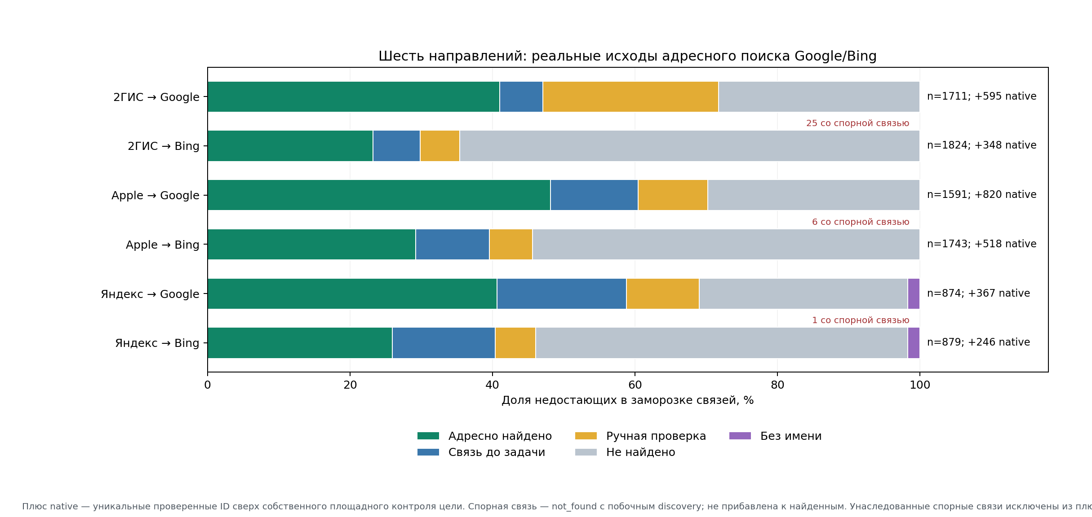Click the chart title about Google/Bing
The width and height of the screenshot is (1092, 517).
[627, 56]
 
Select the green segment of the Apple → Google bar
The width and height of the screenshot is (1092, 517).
[379, 195]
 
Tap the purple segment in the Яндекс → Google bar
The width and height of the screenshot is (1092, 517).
[914, 294]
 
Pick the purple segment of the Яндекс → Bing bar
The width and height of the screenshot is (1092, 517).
[914, 343]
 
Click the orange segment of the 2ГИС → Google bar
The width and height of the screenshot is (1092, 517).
[630, 96]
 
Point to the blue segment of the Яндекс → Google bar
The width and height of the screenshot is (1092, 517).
[562, 294]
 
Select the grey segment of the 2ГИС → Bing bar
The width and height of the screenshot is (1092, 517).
[690, 146]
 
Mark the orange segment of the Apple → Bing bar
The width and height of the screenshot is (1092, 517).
[511, 245]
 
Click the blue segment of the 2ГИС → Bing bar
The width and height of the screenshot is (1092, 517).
[396, 146]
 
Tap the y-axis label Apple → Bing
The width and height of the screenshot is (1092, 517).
[163, 245]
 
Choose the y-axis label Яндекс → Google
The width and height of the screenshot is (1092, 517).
[150, 294]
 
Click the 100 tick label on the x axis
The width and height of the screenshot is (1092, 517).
[920, 385]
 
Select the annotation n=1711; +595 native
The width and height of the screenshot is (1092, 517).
[982, 96]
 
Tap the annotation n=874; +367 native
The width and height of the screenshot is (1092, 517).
[979, 293]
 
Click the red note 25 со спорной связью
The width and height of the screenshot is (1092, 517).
[857, 123]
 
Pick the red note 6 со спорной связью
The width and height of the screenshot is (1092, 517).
[861, 222]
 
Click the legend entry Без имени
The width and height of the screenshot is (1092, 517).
[776, 436]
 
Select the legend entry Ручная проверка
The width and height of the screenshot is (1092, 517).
[641, 436]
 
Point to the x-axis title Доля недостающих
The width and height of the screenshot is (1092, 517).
[628, 400]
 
